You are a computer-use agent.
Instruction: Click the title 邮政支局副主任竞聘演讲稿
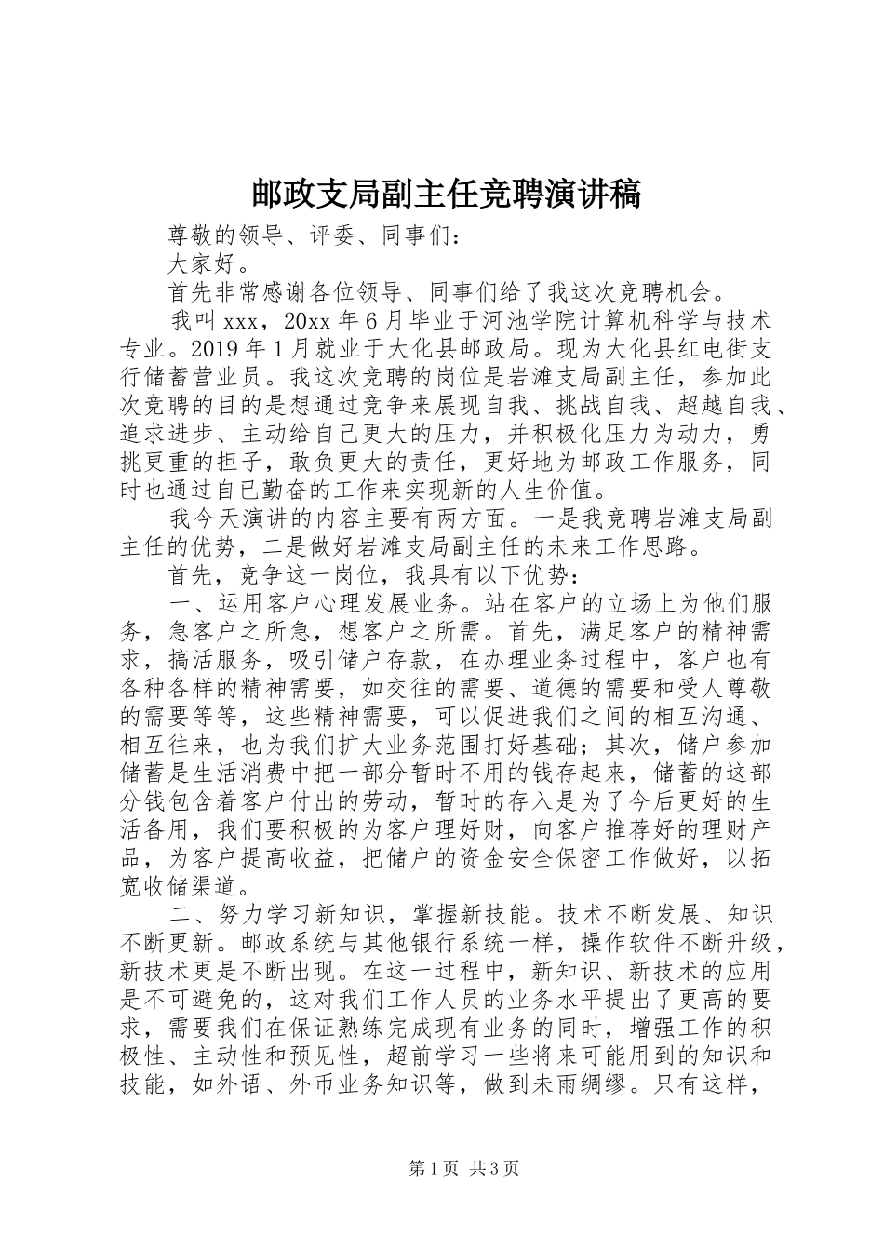click(x=446, y=194)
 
